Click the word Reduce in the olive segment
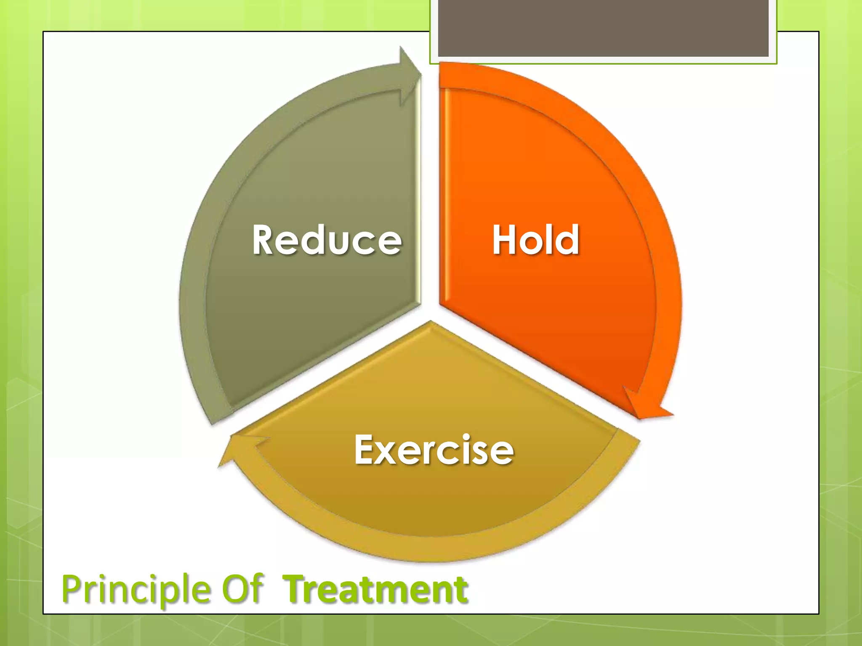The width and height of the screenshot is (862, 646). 327,240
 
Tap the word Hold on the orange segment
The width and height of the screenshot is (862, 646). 536,240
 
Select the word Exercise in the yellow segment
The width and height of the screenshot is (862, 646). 434,450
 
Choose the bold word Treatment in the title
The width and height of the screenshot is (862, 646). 375,590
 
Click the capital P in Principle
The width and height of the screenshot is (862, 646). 72,589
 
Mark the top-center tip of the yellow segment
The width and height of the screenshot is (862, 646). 430,323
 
